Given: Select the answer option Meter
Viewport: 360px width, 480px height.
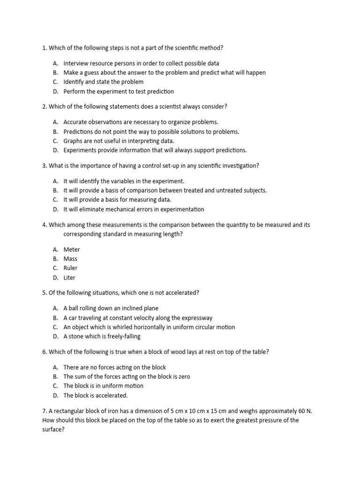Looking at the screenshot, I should (x=72, y=249).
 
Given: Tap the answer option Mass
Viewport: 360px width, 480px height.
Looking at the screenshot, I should (x=70, y=259).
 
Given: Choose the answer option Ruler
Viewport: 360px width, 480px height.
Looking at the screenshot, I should (x=70, y=268).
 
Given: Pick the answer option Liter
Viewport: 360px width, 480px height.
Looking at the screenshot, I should (x=69, y=277).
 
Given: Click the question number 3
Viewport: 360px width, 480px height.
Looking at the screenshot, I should (x=44, y=165).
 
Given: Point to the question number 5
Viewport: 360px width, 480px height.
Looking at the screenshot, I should (x=44, y=292).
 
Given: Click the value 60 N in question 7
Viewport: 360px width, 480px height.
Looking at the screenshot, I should (x=303, y=411).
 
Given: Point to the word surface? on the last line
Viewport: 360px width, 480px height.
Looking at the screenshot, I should (x=53, y=429).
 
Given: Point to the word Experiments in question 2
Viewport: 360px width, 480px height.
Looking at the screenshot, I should (x=80, y=150).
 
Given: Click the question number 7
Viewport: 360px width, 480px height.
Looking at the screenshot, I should (x=44, y=411).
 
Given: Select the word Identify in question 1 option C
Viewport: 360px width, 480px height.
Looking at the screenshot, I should (x=75, y=82).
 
